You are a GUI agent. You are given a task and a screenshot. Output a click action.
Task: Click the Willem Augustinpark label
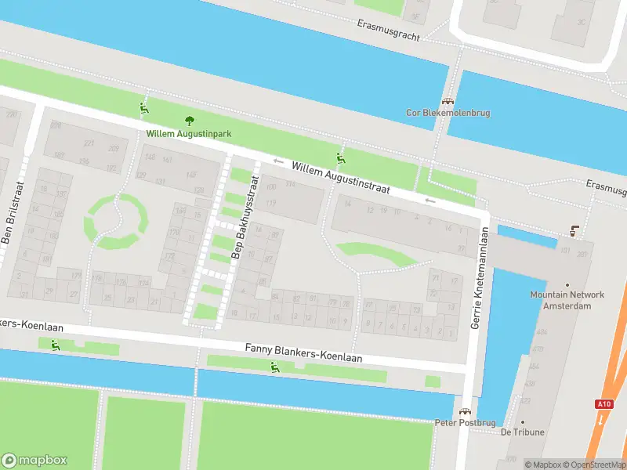[x=188, y=134]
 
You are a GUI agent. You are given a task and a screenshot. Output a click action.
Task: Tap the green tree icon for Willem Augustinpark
[x=188, y=120]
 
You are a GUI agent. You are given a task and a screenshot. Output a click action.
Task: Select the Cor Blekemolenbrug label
[x=448, y=113]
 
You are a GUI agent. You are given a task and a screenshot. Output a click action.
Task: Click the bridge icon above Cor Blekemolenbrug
[x=448, y=101]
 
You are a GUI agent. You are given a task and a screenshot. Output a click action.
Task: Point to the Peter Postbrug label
[x=466, y=422]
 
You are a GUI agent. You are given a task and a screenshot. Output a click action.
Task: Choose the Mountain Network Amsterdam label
[x=567, y=300]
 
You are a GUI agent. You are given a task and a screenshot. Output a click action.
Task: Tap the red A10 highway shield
[x=603, y=404]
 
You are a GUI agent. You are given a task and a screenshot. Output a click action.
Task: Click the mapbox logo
[x=34, y=460]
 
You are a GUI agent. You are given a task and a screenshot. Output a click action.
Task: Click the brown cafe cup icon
[x=574, y=231]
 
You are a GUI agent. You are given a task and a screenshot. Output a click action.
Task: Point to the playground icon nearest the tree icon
[x=143, y=109]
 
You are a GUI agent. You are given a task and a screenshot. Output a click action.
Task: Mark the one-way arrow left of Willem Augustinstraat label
[x=278, y=161]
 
